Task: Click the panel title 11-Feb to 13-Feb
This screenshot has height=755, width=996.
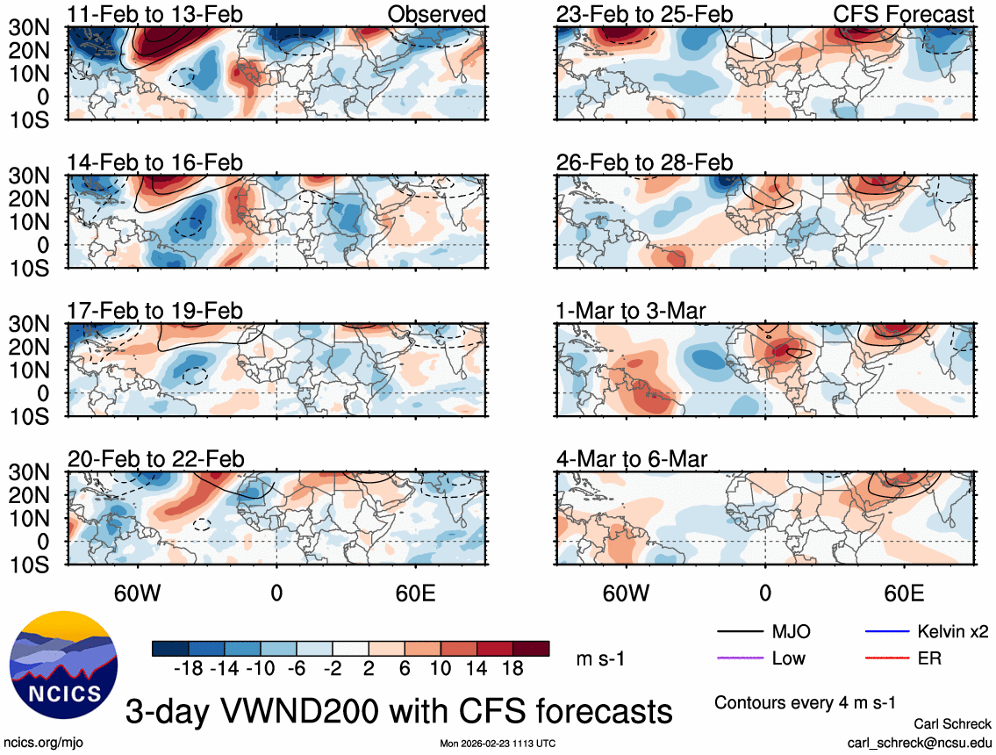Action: coord(155,14)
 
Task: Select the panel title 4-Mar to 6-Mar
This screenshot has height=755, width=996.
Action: coord(632,459)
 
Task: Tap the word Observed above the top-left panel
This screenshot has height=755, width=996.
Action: coord(436,14)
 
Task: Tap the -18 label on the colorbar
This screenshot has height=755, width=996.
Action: coord(190,668)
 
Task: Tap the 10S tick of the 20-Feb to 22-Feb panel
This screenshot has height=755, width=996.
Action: coord(32,564)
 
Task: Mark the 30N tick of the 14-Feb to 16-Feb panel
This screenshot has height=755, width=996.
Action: coord(32,176)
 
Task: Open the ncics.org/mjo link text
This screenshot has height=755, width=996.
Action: coord(41,743)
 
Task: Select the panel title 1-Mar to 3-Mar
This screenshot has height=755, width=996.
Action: coord(631,311)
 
